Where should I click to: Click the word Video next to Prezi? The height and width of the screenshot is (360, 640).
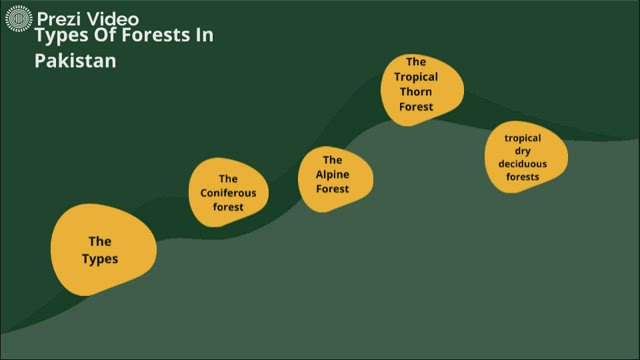[113, 18]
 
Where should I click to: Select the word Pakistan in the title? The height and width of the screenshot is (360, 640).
[76, 60]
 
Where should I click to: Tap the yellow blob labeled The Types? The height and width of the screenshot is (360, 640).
[102, 250]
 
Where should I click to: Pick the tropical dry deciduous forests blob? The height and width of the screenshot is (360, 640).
[526, 158]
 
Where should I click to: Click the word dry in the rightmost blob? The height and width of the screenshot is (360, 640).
[522, 151]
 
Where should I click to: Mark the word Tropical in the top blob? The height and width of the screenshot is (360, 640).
[416, 76]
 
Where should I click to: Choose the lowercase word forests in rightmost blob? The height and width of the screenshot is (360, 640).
[522, 177]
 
